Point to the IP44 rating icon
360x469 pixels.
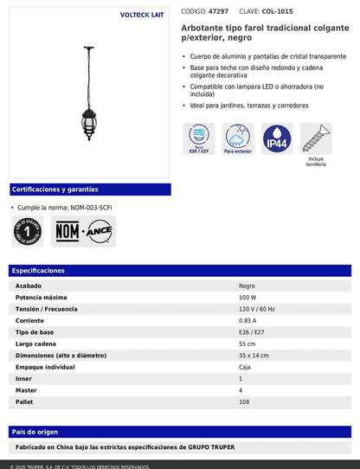tap(276, 138)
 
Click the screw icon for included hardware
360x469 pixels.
tap(315, 138)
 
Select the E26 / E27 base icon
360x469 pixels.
tap(198, 138)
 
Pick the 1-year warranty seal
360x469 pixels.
tap(29, 231)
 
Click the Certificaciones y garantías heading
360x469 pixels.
tap(55, 189)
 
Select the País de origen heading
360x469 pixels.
tap(35, 431)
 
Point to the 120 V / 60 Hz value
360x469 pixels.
tap(259, 308)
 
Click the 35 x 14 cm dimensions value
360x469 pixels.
tap(254, 356)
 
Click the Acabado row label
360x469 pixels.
tap(29, 285)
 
